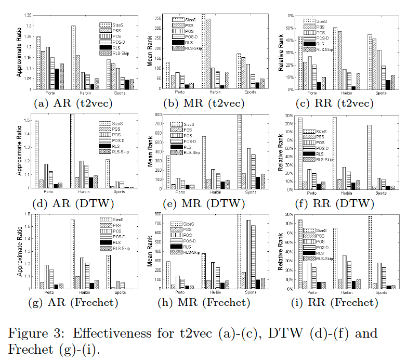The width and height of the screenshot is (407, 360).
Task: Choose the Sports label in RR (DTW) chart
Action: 381,193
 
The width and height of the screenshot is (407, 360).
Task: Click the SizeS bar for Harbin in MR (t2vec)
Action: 203,52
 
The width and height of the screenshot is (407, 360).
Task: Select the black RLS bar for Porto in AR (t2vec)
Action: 57,79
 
